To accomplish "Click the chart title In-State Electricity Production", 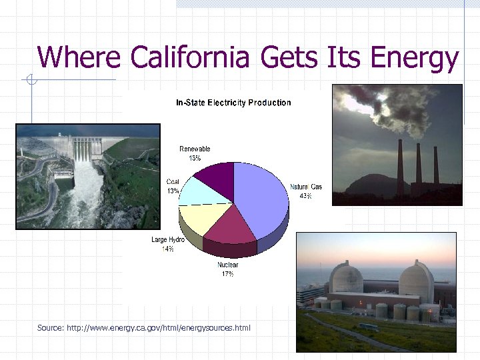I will tap(233, 103).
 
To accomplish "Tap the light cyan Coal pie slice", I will tap(199, 191).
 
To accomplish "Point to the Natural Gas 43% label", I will tap(306, 191).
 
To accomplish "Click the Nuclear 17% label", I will tap(227, 269).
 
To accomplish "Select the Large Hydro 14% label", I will tap(167, 244).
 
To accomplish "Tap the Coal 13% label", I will tap(173, 186).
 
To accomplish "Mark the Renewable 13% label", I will tap(195, 153).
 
